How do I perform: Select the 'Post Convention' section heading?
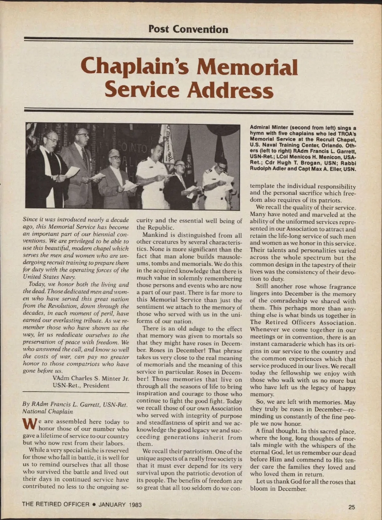coord(188,29)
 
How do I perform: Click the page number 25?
coord(351,507)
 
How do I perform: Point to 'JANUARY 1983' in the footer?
coord(120,504)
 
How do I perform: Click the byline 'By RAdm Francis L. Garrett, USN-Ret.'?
coord(75,405)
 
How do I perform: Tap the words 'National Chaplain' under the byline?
coord(47,411)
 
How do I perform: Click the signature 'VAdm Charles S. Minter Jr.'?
coord(91,379)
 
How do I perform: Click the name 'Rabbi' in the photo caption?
coord(349,163)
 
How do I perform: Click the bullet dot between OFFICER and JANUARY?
coord(94,504)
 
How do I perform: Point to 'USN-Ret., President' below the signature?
coord(81,386)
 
